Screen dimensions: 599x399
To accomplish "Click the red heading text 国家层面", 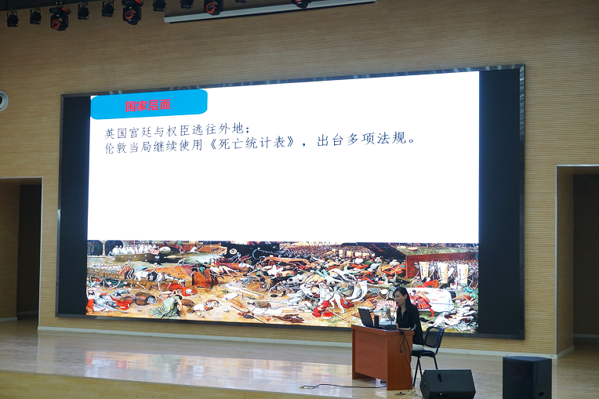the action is coord(148,105).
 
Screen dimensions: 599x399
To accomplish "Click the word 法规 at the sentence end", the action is coord(391,138).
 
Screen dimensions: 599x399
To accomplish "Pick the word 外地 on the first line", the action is coord(231,129).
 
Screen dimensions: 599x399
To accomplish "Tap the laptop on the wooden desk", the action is coord(368,317).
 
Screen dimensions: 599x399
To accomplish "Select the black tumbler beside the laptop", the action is coord(377,321).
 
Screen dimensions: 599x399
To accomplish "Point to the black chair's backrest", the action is coord(434,338).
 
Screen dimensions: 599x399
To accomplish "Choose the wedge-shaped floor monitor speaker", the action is coord(447,384).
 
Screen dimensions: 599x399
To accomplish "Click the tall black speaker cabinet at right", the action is coord(527,378).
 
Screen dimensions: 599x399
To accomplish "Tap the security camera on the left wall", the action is coord(3,101).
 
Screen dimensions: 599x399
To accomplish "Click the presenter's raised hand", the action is coord(390,313).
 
